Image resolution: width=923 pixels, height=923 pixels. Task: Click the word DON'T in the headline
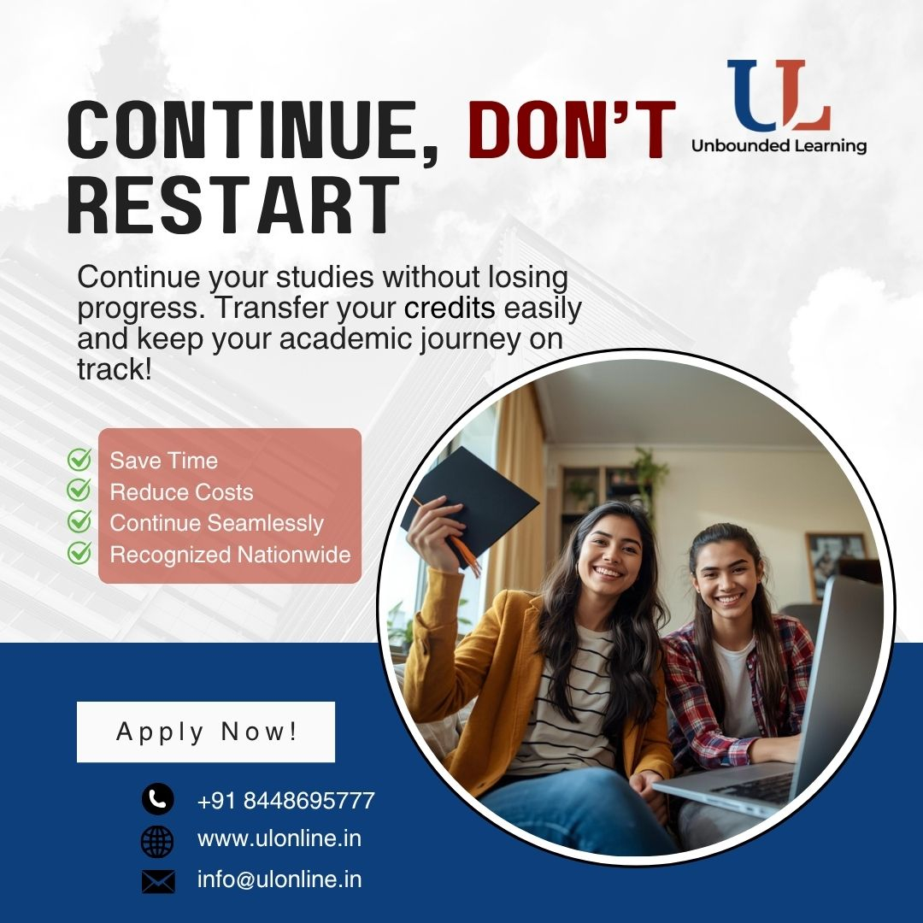[572, 130]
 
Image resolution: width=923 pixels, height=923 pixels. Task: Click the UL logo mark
[779, 95]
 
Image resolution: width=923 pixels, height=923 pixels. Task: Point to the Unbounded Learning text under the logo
[779, 145]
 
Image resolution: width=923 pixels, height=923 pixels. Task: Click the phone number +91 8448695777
[286, 801]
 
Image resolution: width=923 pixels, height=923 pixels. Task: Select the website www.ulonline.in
[279, 838]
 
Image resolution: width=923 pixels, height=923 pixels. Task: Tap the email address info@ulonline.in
[279, 879]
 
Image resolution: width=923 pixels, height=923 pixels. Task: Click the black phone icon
[158, 799]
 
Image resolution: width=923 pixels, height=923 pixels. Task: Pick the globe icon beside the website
[158, 841]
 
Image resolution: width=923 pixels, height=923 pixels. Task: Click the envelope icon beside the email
[158, 882]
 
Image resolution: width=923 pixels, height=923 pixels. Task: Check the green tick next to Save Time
[79, 459]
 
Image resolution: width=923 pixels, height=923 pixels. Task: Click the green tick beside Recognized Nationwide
[79, 553]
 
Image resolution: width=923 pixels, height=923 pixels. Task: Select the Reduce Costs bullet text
[181, 492]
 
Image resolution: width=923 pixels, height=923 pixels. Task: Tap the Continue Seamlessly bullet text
[216, 523]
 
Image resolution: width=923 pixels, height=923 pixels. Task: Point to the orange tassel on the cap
[465, 552]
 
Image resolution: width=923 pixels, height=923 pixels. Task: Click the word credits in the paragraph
[450, 309]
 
